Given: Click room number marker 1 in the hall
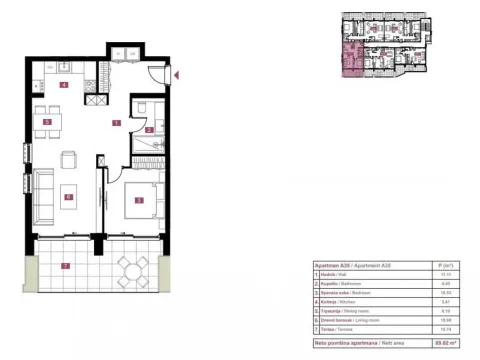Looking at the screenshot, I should tap(116, 123).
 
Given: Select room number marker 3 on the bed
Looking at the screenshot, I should tap(140, 199).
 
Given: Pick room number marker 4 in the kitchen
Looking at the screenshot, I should tap(64, 86).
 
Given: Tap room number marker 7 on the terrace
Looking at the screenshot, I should tap(64, 266).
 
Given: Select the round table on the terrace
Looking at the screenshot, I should tap(131, 269).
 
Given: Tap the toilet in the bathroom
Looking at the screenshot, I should tap(144, 109).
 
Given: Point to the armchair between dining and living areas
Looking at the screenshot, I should tap(69, 159).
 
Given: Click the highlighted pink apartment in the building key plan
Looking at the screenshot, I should tap(351, 59).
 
